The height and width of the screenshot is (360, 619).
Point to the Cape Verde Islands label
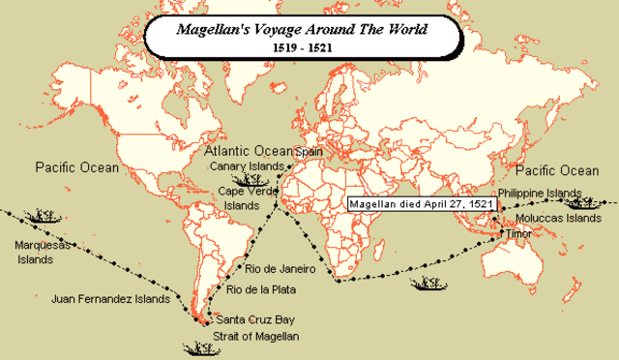pos(246,197)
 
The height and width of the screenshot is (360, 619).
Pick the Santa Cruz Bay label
pos(255,319)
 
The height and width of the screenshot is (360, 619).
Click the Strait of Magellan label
pos(257,336)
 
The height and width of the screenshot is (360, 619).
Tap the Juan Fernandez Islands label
pos(105,300)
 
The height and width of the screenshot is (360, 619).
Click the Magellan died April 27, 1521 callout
pos(424,204)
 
